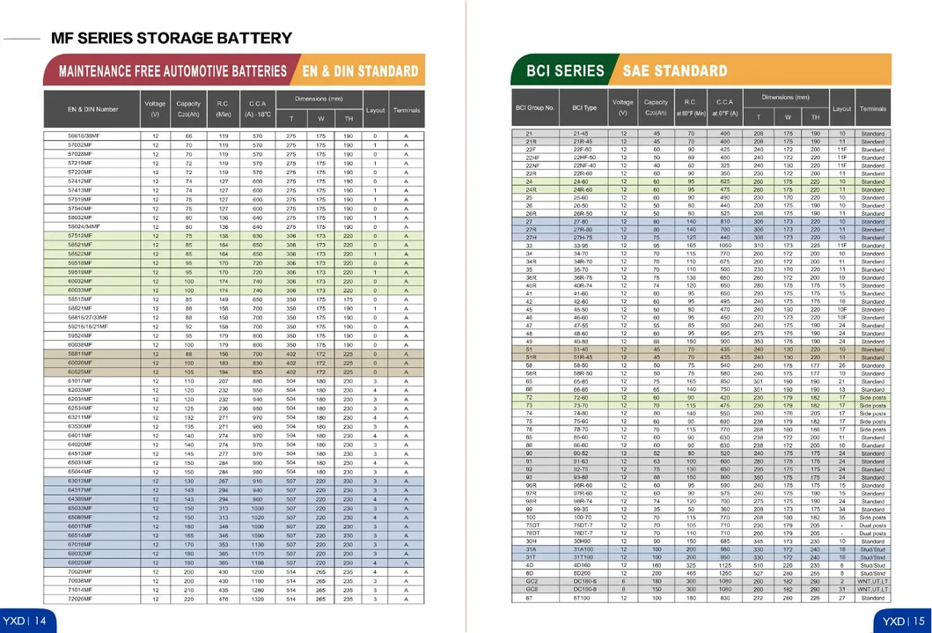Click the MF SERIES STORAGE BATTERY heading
172,38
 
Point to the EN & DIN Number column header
92,109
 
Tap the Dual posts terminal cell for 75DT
872,526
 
